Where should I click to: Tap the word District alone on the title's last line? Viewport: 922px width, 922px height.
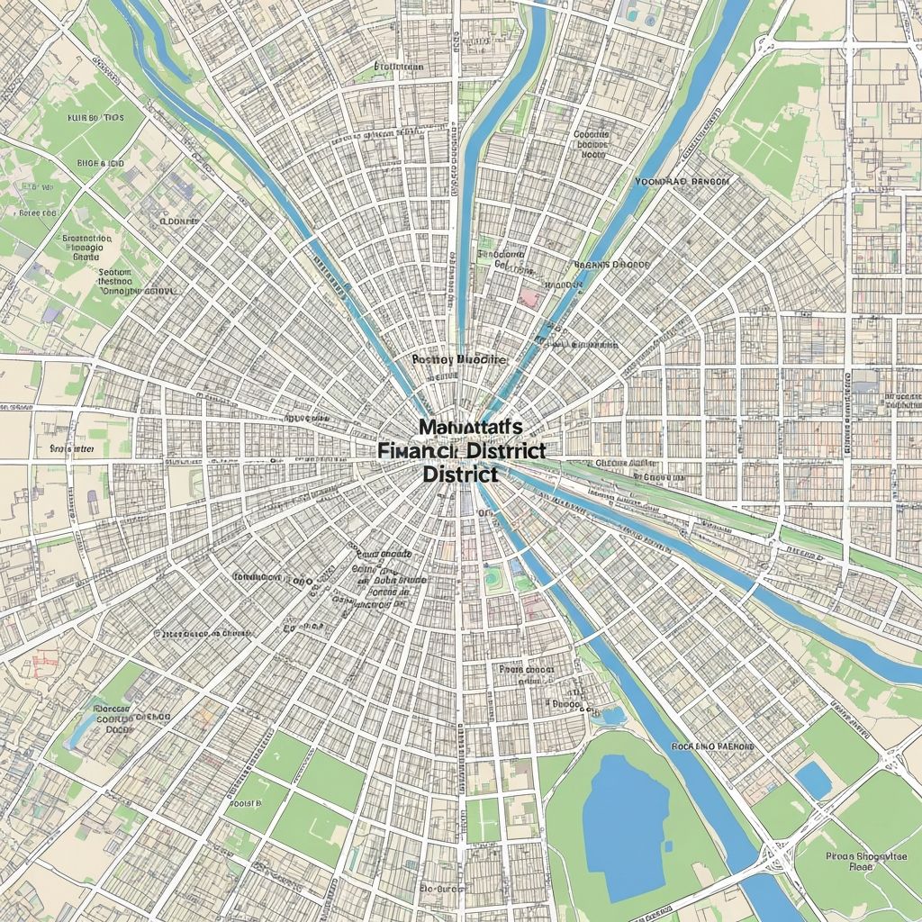[459, 472]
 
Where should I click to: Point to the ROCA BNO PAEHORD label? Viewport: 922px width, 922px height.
[714, 746]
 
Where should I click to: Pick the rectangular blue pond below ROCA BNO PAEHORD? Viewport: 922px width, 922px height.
[814, 780]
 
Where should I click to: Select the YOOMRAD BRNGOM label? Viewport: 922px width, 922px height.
[681, 181]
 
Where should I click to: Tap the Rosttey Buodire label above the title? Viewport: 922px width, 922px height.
[459, 358]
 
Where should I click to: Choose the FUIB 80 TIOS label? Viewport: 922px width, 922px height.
[95, 118]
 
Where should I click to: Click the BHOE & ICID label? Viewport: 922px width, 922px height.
[88, 164]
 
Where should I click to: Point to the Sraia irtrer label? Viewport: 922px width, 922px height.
[72, 447]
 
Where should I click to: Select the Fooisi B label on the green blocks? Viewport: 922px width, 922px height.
[247, 801]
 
